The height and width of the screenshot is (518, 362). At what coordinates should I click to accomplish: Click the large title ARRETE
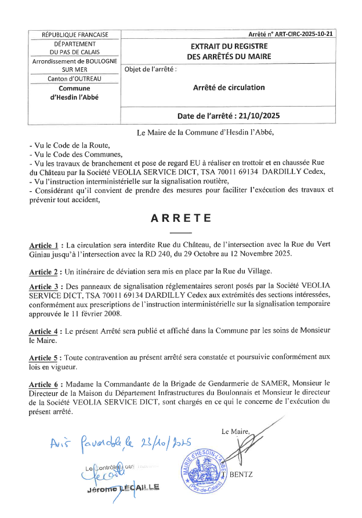[x=180, y=218]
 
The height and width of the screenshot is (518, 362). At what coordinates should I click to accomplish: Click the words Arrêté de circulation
[x=229, y=87]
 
